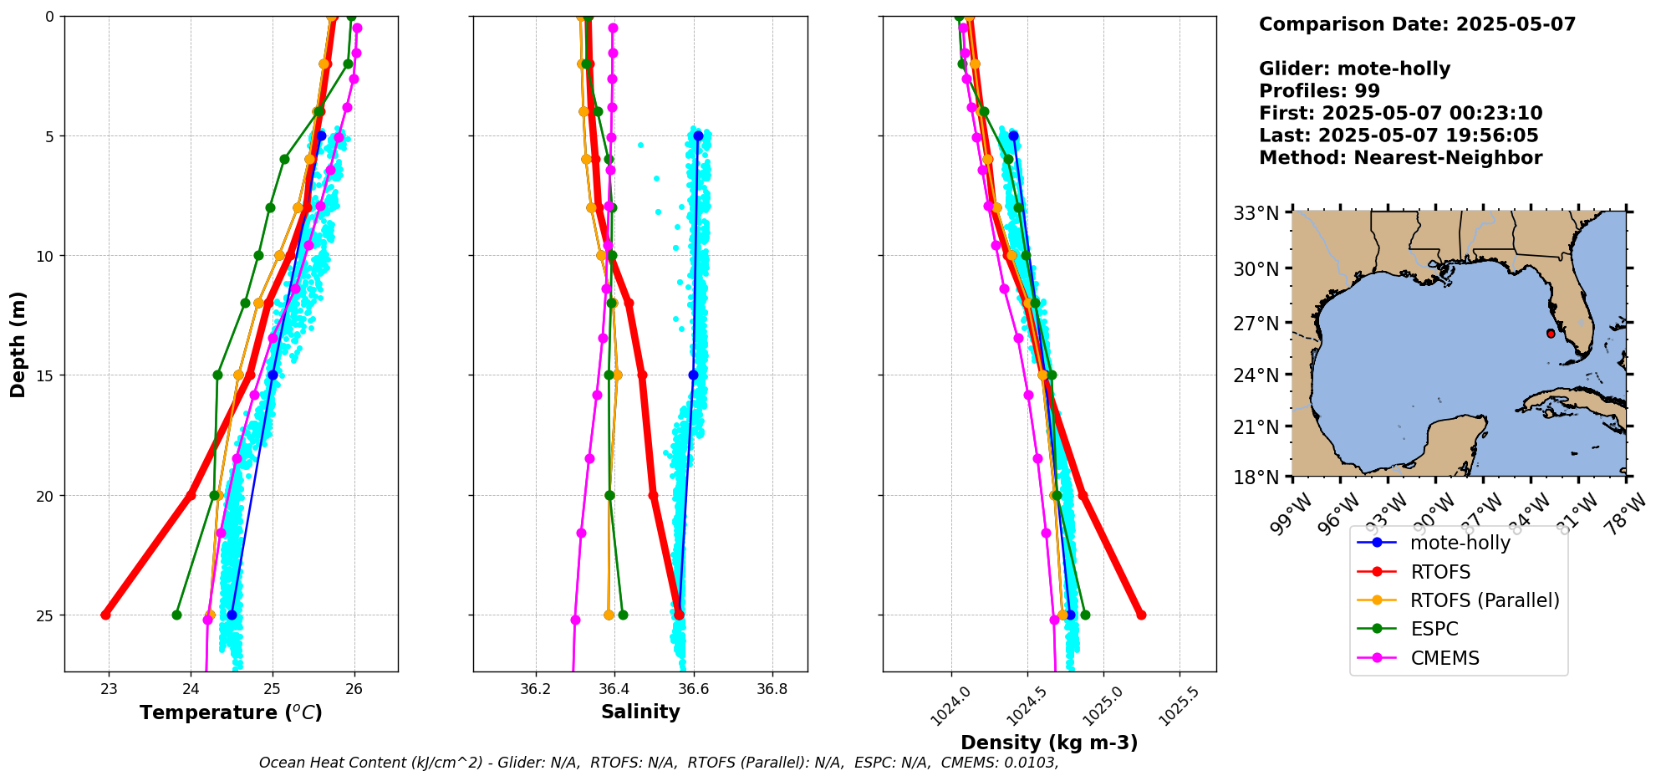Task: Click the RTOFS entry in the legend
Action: coord(1439,572)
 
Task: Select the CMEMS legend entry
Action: coord(1444,658)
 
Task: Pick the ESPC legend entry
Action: coord(1434,629)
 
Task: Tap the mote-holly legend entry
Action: coord(1460,543)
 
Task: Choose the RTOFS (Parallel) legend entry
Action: coord(1484,600)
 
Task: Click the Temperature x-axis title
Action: coord(231,712)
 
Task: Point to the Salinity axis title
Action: coord(640,712)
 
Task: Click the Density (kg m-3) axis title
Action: coord(1049,743)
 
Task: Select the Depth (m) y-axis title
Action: coord(18,344)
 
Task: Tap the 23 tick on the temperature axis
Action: coord(109,689)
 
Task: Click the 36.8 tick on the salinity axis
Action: coord(772,689)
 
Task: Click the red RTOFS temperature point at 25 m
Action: coord(105,615)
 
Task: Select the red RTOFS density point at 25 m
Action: coord(1141,615)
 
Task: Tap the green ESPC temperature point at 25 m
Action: coord(176,615)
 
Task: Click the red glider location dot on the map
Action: coord(1551,333)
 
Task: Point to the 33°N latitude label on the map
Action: coord(1256,213)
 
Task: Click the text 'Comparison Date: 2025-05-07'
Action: coord(1417,24)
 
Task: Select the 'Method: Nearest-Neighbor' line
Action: coord(1400,158)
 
